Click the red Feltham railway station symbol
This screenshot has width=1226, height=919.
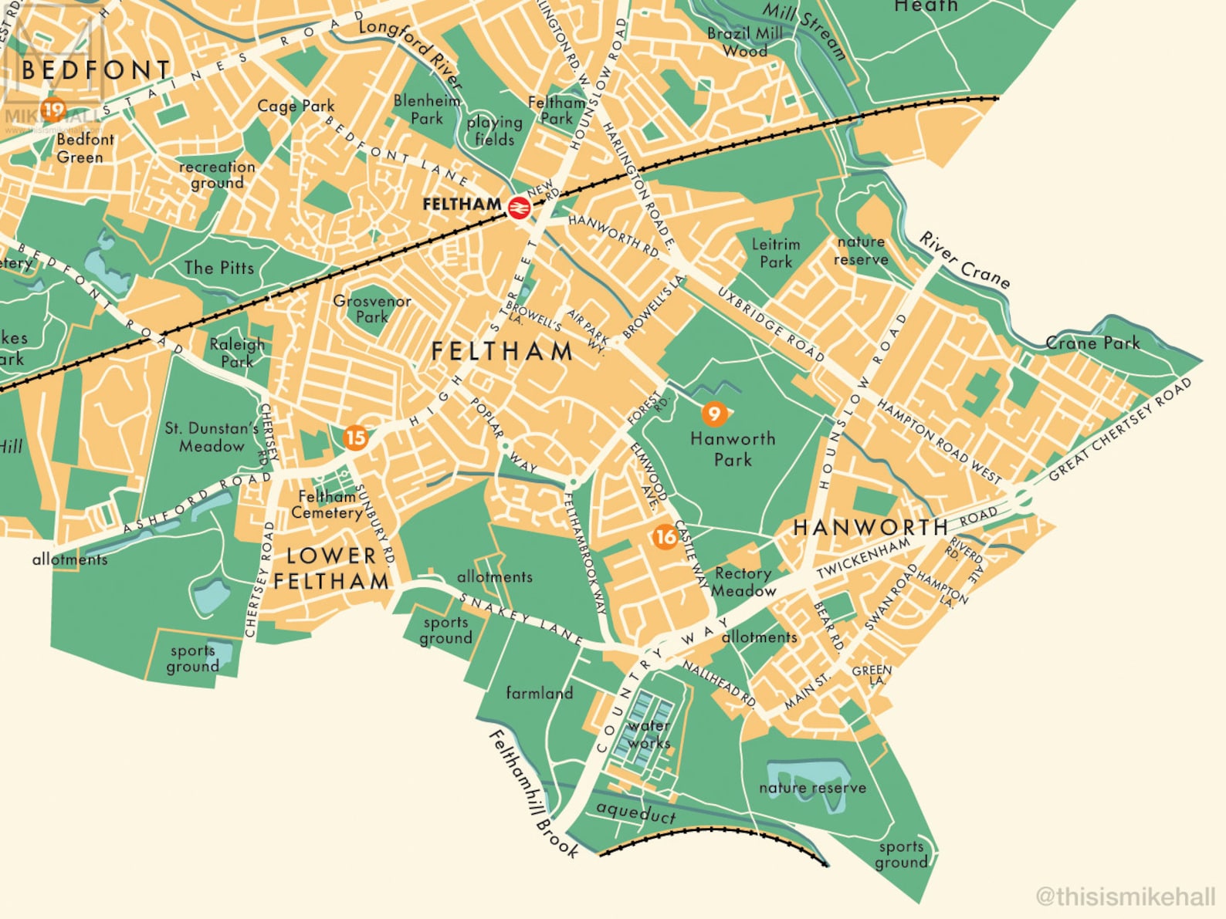pyautogui.click(x=519, y=207)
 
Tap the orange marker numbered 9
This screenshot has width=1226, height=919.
pyautogui.click(x=714, y=414)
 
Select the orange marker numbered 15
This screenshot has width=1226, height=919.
pyautogui.click(x=355, y=438)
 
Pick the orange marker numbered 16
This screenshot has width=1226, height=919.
pyautogui.click(x=665, y=536)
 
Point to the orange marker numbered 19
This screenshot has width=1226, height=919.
pyautogui.click(x=53, y=110)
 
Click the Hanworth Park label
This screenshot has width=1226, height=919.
pyautogui.click(x=732, y=449)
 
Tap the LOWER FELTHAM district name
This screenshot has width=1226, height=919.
pyautogui.click(x=331, y=568)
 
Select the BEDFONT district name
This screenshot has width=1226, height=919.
pyautogui.click(x=96, y=70)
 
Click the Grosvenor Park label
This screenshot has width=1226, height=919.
pyautogui.click(x=372, y=309)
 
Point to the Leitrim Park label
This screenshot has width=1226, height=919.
pyautogui.click(x=776, y=253)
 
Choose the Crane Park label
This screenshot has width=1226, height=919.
pyautogui.click(x=1092, y=343)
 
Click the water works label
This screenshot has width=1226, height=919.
pyautogui.click(x=649, y=734)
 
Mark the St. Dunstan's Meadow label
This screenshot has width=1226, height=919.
pyautogui.click(x=211, y=437)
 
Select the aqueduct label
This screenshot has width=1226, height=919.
pyautogui.click(x=636, y=812)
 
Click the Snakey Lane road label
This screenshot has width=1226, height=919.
pyautogui.click(x=520, y=618)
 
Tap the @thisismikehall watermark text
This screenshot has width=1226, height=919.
pyautogui.click(x=1125, y=896)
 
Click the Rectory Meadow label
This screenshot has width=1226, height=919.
pyautogui.click(x=743, y=582)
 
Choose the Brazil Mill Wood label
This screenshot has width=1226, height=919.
pyautogui.click(x=745, y=42)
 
